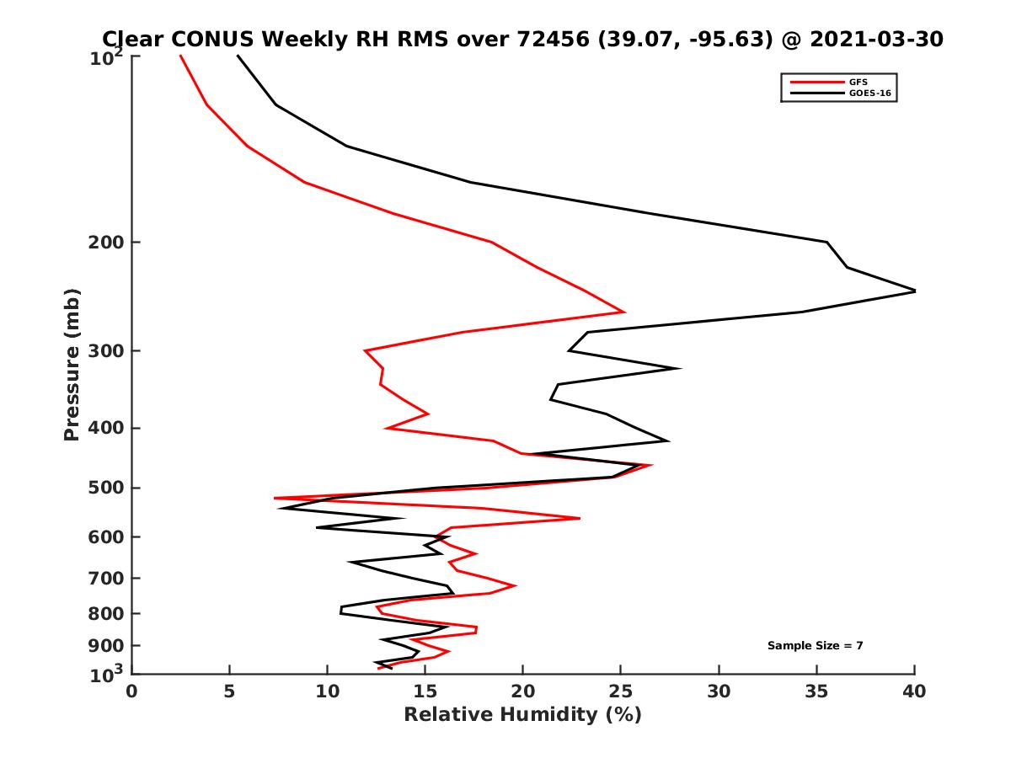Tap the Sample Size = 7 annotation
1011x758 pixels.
coord(815,646)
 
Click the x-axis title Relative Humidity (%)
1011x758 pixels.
coord(522,715)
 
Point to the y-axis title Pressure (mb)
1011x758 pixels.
coord(72,364)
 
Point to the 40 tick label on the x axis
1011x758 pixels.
coord(914,691)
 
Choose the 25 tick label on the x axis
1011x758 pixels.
coord(621,691)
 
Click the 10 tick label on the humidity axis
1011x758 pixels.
coord(328,691)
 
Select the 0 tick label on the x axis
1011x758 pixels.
coord(132,691)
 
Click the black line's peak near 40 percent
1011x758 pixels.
coord(914,291)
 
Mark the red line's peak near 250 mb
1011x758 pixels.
coord(623,312)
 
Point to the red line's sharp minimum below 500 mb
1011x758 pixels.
coord(275,499)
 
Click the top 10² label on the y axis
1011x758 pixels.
coord(109,57)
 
